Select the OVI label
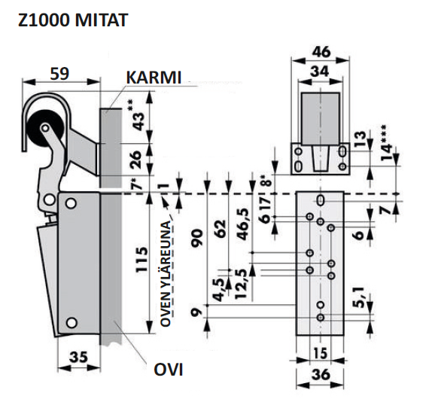tap(168, 370)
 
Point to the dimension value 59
tap(60, 73)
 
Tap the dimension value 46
tap(321, 52)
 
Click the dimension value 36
tap(320, 376)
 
